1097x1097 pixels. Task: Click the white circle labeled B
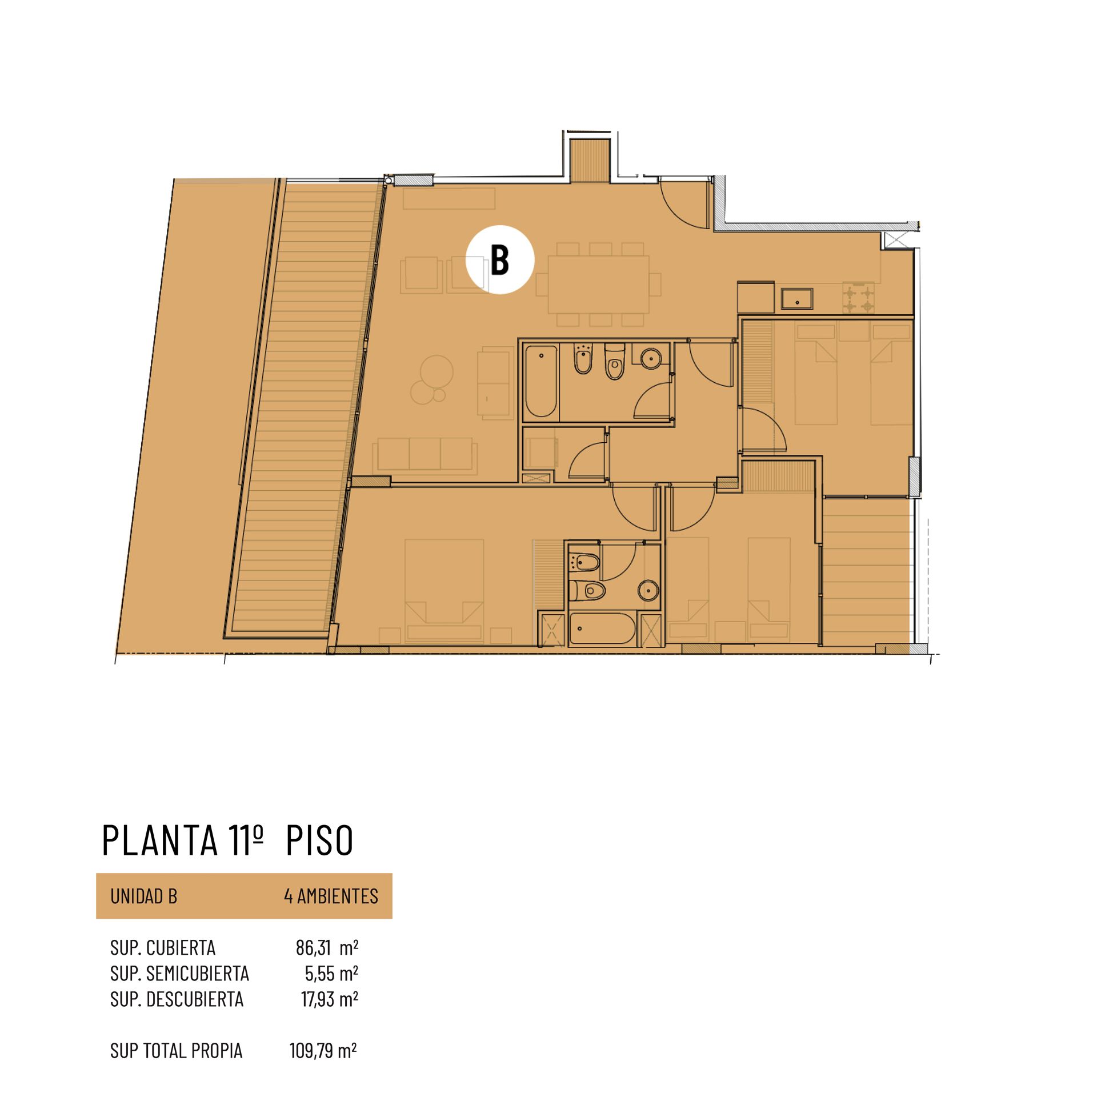(x=500, y=260)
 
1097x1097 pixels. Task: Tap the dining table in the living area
(x=598, y=284)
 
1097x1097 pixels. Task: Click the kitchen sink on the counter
(x=797, y=298)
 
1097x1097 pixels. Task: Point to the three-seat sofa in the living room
(x=425, y=455)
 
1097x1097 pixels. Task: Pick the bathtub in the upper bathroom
(x=541, y=381)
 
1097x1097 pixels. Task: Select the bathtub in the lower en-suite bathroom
(x=602, y=628)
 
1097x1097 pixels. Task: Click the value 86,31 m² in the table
(x=327, y=948)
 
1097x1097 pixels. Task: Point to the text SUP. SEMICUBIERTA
(x=179, y=974)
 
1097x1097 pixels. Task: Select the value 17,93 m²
(x=329, y=999)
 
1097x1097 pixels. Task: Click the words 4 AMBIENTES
(x=331, y=896)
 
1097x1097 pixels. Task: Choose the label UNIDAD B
(x=144, y=896)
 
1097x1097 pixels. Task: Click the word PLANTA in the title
(x=160, y=840)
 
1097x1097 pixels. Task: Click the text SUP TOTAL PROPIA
(x=176, y=1051)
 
